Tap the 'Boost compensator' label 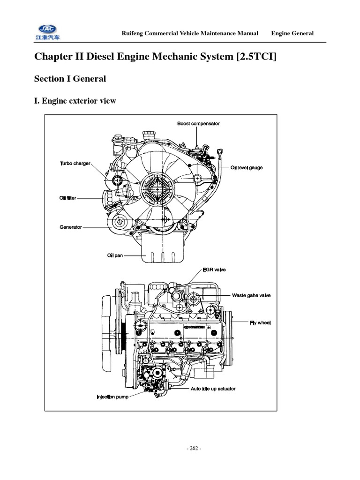(198, 123)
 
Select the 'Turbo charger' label (75, 164)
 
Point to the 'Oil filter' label (67, 198)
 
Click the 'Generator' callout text (70, 227)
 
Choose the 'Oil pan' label (115, 255)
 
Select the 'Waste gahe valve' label (251, 295)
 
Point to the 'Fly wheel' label (261, 322)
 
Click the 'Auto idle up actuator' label (213, 389)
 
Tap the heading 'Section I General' (70, 79)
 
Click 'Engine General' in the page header (292, 33)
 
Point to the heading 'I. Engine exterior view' (75, 101)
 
